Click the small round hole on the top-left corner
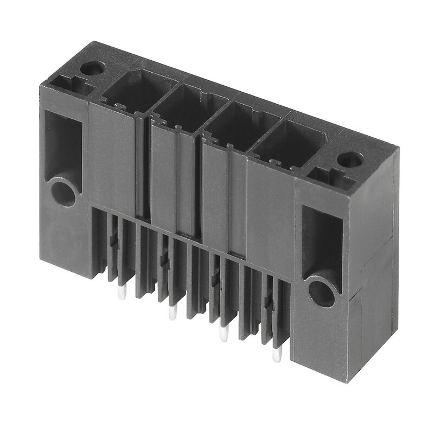(x=91, y=69)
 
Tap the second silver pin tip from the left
(x=173, y=313)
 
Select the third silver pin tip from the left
(x=223, y=334)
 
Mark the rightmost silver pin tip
(x=276, y=356)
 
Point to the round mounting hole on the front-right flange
(x=321, y=293)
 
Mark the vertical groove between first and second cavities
(x=143, y=163)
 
